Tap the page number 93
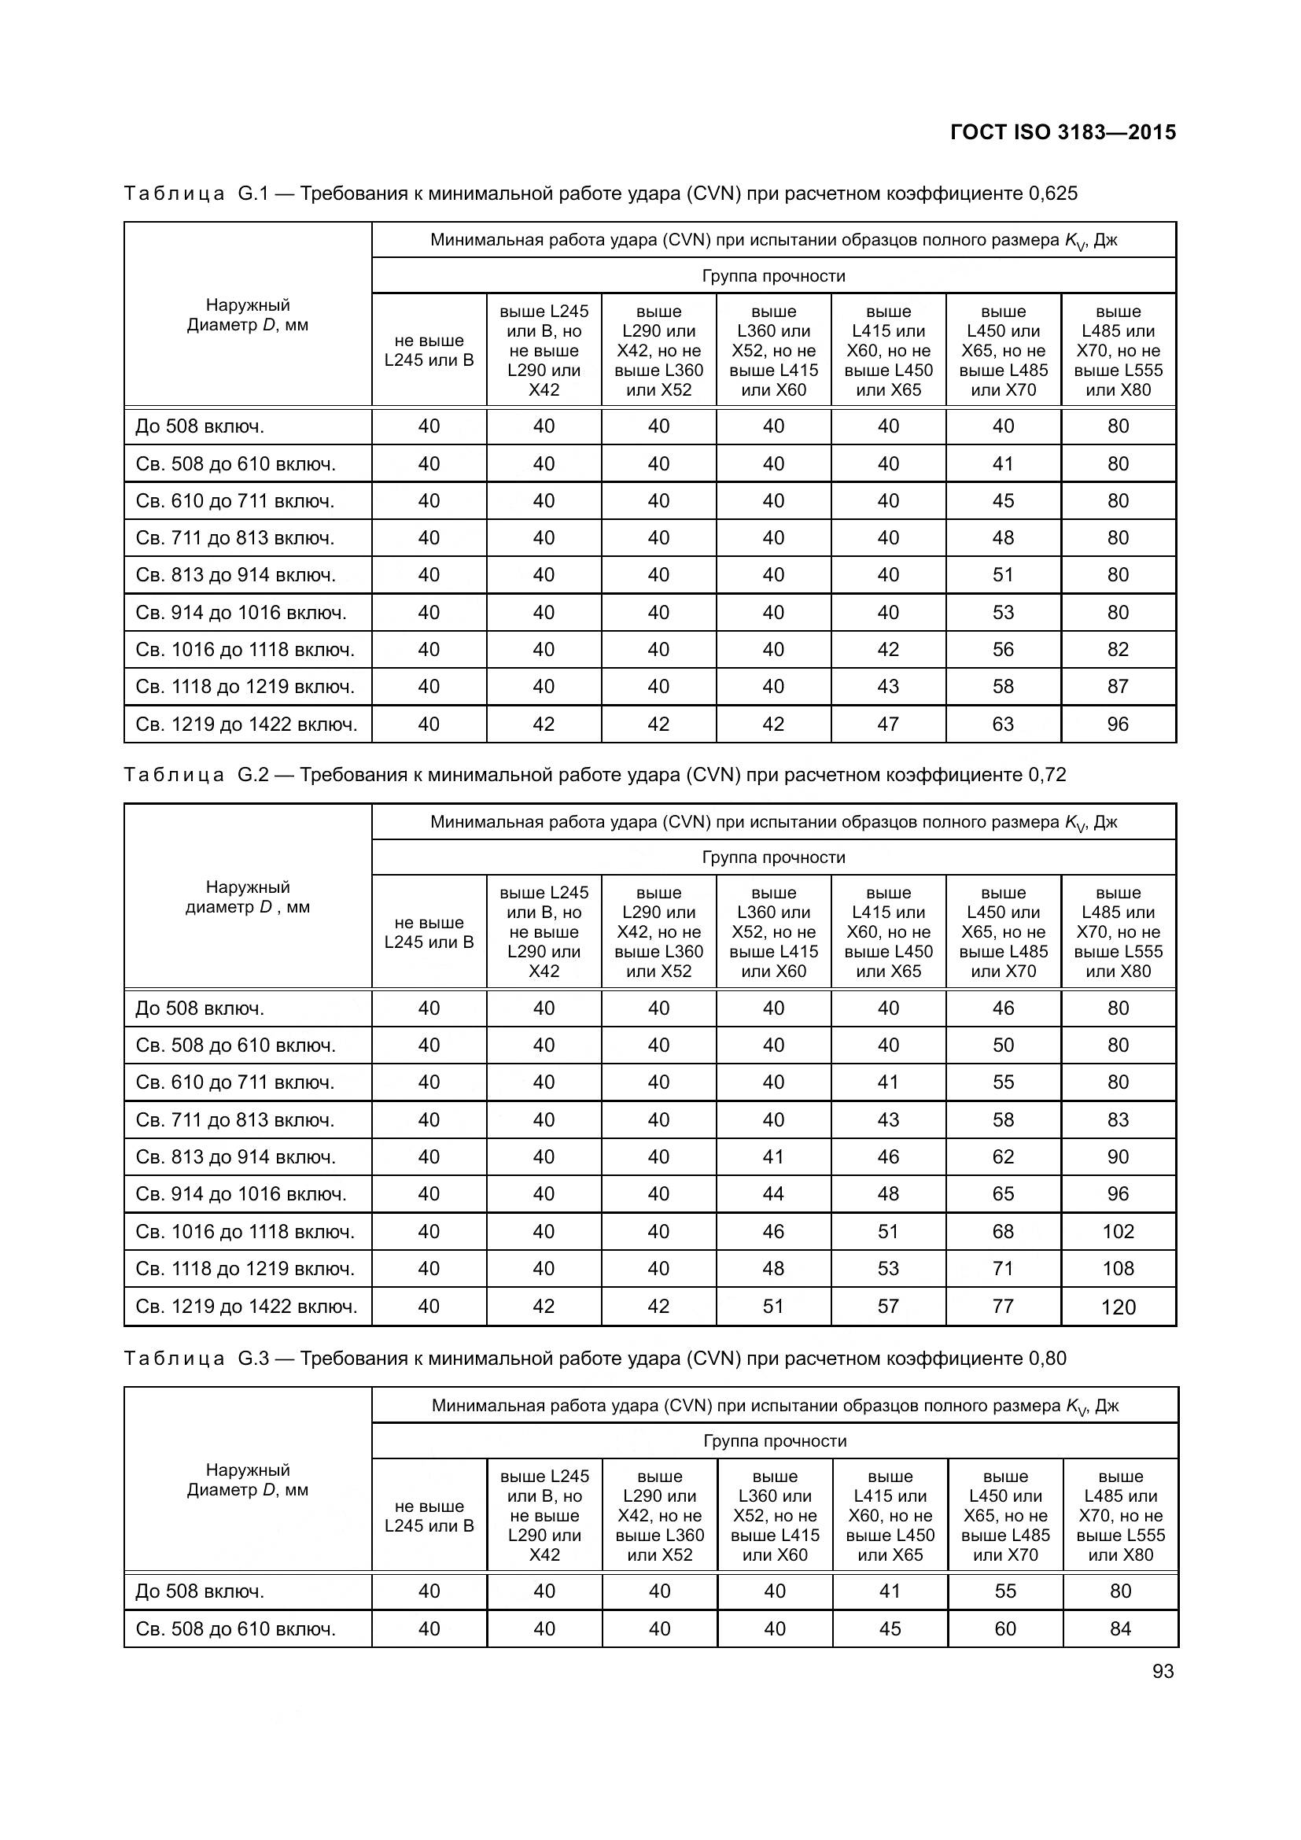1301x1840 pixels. coord(1163,1671)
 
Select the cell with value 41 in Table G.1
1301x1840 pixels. coord(1003,464)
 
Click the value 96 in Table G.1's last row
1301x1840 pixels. coord(1118,725)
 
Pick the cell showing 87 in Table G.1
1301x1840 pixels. coord(1118,687)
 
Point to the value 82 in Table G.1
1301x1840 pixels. coord(1118,650)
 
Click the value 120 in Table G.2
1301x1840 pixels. coord(1118,1308)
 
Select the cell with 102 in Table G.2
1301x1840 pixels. coord(1118,1232)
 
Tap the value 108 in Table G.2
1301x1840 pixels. coord(1118,1269)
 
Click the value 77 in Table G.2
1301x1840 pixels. coord(1003,1307)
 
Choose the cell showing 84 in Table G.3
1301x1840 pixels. coord(1120,1629)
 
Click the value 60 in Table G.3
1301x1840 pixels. coord(1004,1629)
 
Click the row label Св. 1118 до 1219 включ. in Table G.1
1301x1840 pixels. coord(245,687)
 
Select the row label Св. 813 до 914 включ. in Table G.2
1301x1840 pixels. coord(235,1157)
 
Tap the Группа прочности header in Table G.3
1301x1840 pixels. coord(774,1441)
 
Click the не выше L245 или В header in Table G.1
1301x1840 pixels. coord(429,350)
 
